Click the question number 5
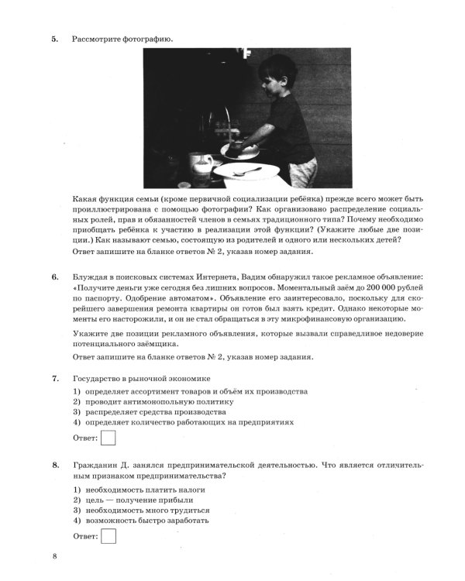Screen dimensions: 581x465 point(54,38)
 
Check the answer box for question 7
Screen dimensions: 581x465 point(108,439)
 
